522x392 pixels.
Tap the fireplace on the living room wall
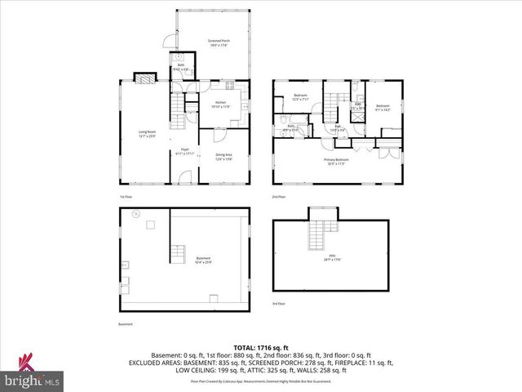pyautogui.click(x=144, y=80)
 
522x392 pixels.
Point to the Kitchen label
pyautogui.click(x=220, y=105)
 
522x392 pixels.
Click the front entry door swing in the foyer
pyautogui.click(x=188, y=177)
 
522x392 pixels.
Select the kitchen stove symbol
pyautogui.click(x=230, y=87)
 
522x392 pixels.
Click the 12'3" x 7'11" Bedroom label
pyautogui.click(x=299, y=98)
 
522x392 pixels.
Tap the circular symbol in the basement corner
pyautogui.click(x=137, y=215)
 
